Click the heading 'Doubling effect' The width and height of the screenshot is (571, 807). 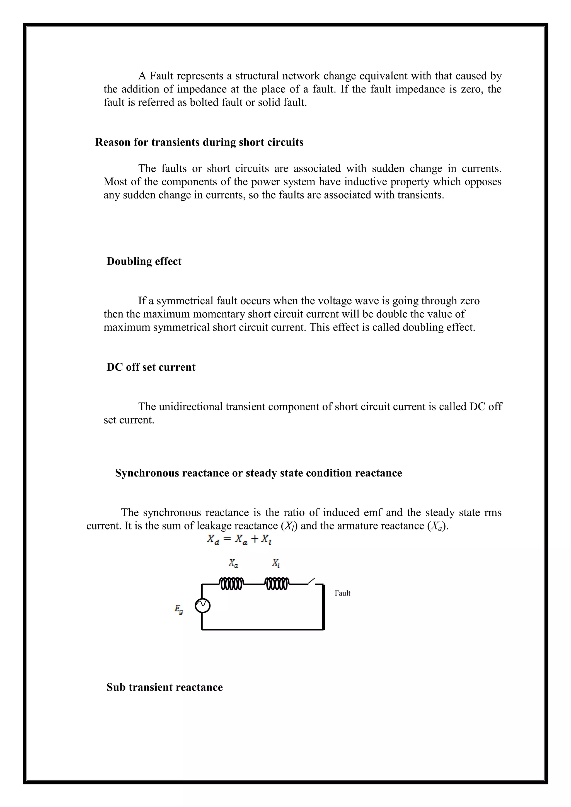[144, 261]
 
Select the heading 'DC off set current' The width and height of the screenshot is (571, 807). [151, 367]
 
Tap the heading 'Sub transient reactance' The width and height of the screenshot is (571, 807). [164, 687]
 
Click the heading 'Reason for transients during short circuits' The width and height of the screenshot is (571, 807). [199, 142]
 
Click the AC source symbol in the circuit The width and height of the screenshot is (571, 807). [202, 606]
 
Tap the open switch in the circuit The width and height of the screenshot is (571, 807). [311, 581]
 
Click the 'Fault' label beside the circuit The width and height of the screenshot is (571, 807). [342, 593]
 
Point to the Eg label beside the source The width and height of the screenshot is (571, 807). [179, 609]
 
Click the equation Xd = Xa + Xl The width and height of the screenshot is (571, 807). [239, 539]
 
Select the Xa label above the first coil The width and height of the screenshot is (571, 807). [233, 563]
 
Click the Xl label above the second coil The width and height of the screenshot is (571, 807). [276, 563]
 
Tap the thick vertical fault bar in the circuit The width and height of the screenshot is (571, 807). [323, 607]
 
